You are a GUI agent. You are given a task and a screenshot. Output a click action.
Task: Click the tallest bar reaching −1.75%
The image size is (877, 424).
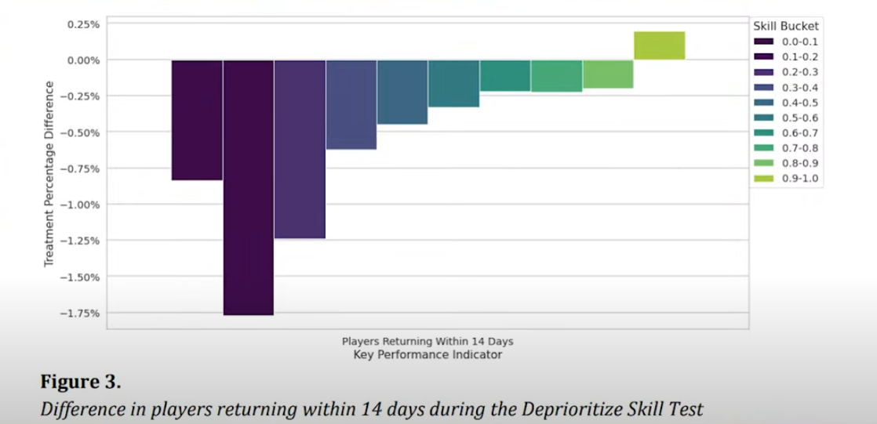248,187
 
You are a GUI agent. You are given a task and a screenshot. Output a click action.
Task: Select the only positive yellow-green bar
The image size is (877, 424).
659,45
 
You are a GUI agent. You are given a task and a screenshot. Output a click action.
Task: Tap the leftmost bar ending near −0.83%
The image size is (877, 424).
197,120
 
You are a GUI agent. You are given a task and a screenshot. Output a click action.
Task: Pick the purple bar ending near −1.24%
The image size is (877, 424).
300,149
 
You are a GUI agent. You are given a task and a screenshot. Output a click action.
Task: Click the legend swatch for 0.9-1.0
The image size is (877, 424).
763,179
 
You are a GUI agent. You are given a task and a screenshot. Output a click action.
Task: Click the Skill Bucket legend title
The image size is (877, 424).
786,26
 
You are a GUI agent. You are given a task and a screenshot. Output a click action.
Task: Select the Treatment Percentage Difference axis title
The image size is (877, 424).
49,173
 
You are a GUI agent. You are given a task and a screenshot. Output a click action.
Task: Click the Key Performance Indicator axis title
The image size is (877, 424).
428,355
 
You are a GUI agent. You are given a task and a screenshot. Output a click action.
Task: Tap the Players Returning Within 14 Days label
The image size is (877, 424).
428,342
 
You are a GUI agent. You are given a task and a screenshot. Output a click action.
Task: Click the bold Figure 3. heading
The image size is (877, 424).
81,384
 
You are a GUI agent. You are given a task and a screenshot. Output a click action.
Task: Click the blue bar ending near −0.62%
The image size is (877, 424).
351,104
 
